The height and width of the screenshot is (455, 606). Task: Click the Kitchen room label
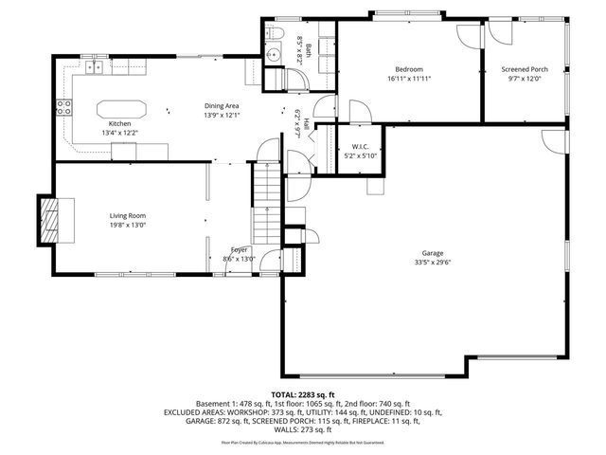click(x=119, y=124)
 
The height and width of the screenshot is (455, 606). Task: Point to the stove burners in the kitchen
click(x=65, y=107)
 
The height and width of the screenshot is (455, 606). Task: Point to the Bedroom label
click(x=409, y=69)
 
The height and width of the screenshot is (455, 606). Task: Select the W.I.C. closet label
click(x=359, y=147)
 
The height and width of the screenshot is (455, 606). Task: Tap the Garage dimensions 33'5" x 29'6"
click(x=434, y=263)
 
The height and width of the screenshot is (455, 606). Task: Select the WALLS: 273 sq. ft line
click(x=303, y=430)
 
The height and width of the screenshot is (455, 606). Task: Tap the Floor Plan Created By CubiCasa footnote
click(x=303, y=442)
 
